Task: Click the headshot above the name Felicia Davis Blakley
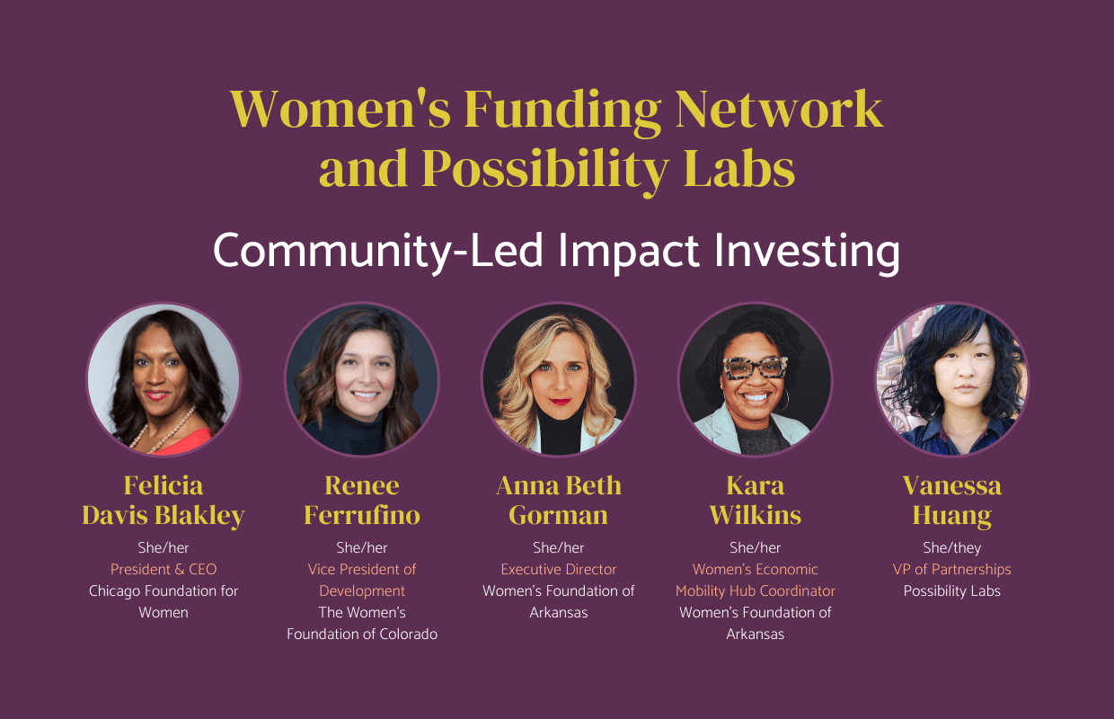point(164,379)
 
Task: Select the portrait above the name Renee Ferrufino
point(361,379)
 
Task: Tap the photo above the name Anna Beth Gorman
point(558,379)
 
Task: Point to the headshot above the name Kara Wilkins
point(755,379)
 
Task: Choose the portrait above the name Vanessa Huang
point(951,379)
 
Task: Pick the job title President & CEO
point(164,569)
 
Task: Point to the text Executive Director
point(558,569)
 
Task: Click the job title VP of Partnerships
point(951,569)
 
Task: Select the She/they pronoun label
point(951,547)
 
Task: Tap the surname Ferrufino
point(361,515)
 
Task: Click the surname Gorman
point(558,515)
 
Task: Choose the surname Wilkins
point(755,515)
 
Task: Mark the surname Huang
point(951,515)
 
